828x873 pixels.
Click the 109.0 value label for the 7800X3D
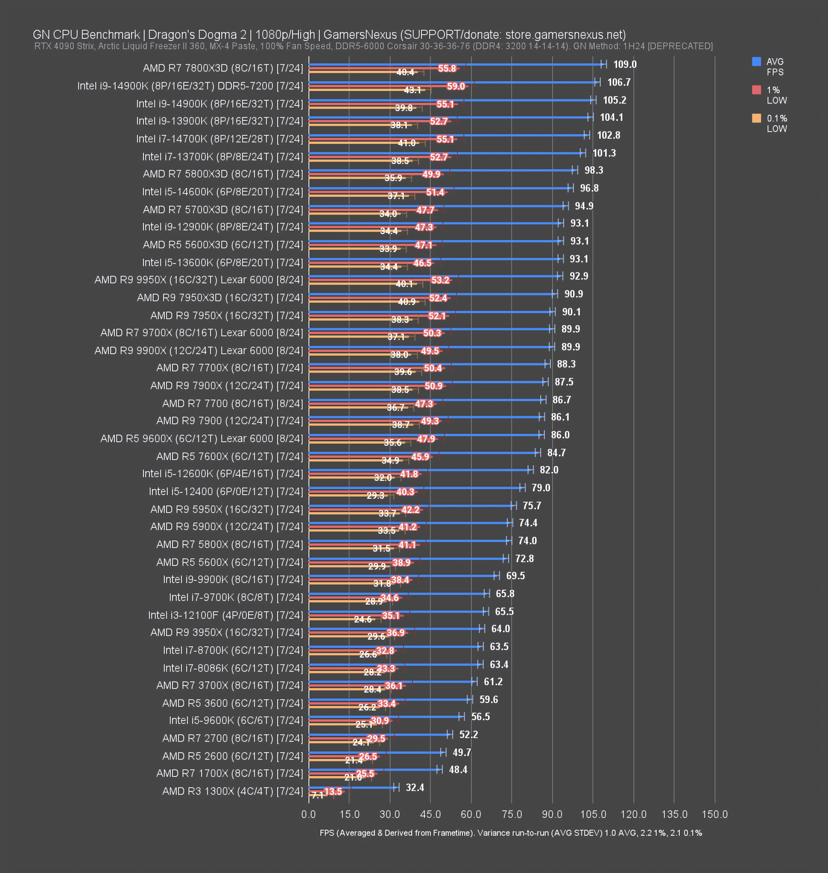pyautogui.click(x=624, y=64)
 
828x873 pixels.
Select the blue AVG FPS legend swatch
pyautogui.click(x=756, y=61)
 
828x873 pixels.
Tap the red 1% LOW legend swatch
pyautogui.click(x=756, y=90)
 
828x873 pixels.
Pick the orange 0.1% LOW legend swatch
pyautogui.click(x=756, y=118)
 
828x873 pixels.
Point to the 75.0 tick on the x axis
pyautogui.click(x=512, y=814)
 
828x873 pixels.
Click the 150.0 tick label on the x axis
pyautogui.click(x=714, y=814)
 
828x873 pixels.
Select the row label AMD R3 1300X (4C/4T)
pyautogui.click(x=233, y=791)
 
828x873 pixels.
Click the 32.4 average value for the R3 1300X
pyautogui.click(x=415, y=787)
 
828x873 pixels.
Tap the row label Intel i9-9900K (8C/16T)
pyautogui.click(x=233, y=579)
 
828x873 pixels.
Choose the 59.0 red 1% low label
pyautogui.click(x=455, y=86)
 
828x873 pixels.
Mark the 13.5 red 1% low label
pyautogui.click(x=333, y=791)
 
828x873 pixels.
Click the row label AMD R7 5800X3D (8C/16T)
pyautogui.click(x=223, y=174)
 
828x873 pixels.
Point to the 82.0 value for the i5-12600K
pyautogui.click(x=549, y=470)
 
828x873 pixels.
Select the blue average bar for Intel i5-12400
pyautogui.click(x=415, y=488)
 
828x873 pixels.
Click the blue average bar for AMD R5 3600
pyautogui.click(x=388, y=699)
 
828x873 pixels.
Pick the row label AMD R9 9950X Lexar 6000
pyautogui.click(x=198, y=280)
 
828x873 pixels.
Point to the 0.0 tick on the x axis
pyautogui.click(x=308, y=814)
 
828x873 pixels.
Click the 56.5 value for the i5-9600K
pyautogui.click(x=480, y=716)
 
